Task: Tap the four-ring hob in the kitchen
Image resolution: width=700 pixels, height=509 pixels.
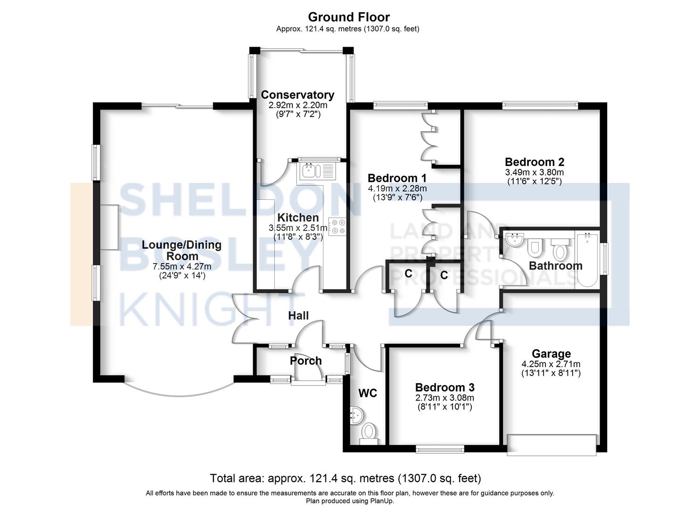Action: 337,227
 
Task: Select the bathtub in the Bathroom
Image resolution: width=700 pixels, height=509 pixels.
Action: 587,259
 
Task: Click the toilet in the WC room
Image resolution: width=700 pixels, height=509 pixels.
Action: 369,434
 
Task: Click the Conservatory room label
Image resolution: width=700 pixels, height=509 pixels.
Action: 297,95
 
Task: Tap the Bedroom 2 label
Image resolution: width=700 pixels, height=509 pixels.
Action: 535,162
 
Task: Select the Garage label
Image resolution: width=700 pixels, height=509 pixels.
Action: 551,353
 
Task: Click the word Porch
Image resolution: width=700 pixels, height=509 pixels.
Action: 305,361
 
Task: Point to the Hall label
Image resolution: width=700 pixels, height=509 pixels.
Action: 298,316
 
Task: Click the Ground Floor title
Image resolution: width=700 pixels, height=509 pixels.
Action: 349,17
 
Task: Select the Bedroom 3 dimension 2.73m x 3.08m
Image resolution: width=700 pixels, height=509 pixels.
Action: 445,398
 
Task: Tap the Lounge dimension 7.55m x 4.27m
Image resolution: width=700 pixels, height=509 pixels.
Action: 182,267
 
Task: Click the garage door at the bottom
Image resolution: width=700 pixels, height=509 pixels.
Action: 552,445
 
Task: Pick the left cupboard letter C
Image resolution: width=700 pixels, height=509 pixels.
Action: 408,274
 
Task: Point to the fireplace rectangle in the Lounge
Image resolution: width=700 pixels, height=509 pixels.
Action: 109,227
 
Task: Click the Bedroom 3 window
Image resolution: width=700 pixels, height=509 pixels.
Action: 440,449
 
